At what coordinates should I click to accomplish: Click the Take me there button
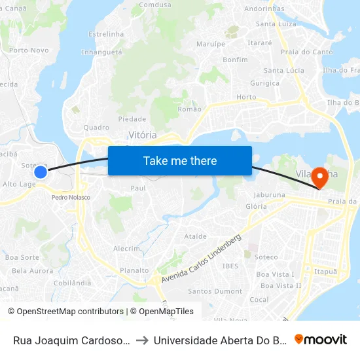click(x=180, y=160)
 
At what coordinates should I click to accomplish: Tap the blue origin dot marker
click(x=41, y=172)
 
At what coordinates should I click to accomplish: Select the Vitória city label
click(x=142, y=134)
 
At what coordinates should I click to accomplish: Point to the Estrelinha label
click(x=105, y=33)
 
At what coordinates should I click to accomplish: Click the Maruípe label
click(x=210, y=44)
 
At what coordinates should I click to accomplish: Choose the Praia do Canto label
click(x=306, y=52)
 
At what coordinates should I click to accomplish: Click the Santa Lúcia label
click(x=283, y=70)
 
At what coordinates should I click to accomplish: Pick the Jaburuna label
click(x=270, y=194)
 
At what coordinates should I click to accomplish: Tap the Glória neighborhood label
click(x=256, y=206)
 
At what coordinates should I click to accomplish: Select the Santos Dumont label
click(x=215, y=291)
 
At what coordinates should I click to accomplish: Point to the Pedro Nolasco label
click(x=71, y=197)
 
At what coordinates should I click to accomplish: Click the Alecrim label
click(x=127, y=249)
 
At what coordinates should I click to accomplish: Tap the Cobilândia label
click(x=71, y=283)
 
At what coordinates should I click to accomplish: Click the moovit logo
click(x=321, y=339)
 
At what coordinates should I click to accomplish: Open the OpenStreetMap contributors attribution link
click(x=65, y=312)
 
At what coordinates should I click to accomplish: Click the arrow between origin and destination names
click(x=141, y=340)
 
